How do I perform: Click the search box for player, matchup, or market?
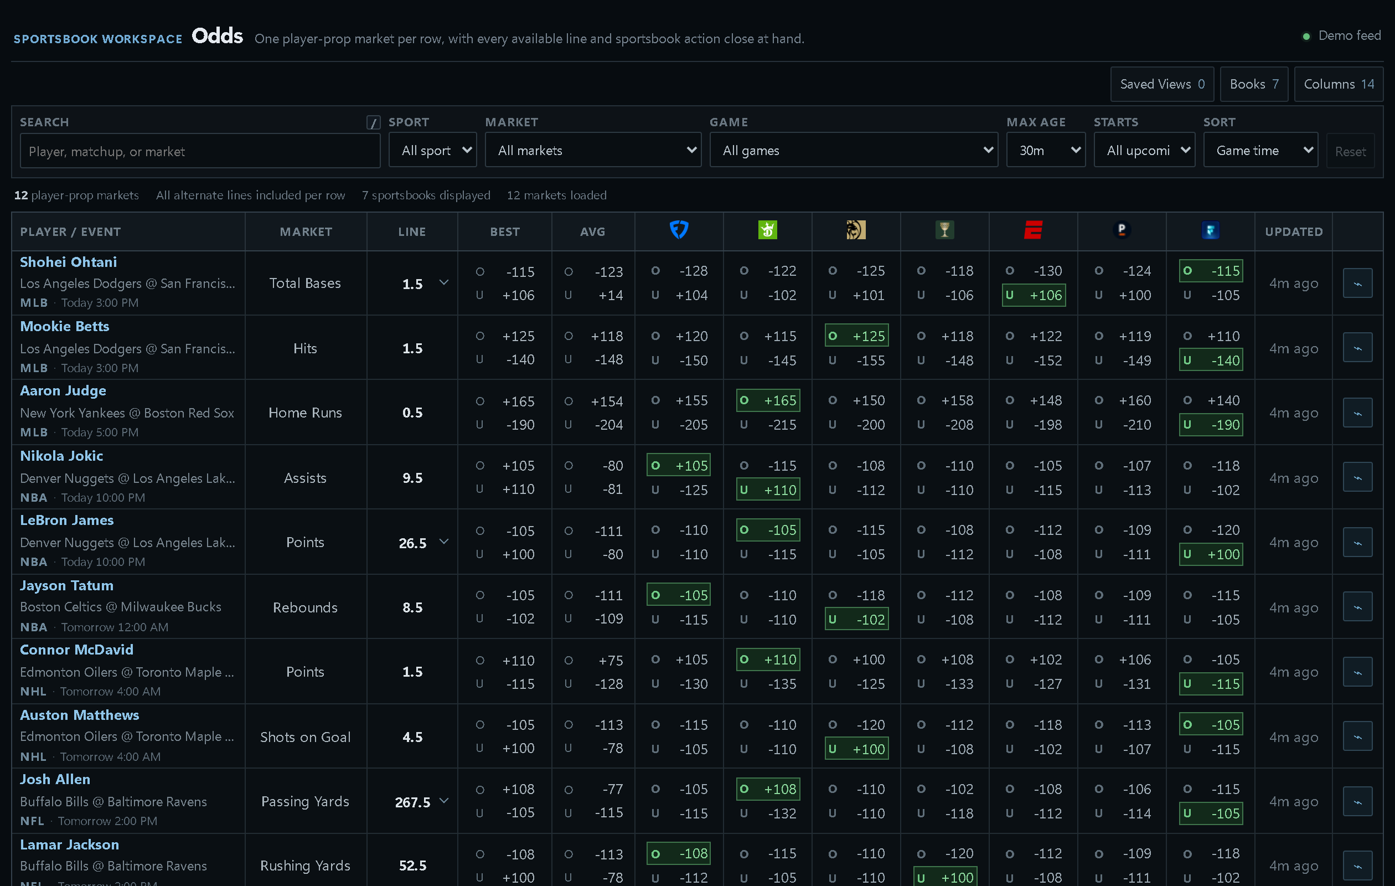200,151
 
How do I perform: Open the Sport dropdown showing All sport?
433,150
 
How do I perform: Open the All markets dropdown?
593,150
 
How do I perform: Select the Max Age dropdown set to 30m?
1046,150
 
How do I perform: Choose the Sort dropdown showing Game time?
1260,150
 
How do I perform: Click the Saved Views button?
1162,84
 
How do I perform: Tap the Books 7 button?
1254,84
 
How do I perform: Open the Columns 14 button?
1339,84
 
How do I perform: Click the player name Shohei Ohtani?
68,262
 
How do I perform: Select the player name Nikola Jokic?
61,456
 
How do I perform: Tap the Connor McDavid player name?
76,650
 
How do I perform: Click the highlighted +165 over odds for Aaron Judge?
768,400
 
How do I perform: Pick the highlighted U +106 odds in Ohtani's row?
1034,296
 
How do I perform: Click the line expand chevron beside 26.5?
444,542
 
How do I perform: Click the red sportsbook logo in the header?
1034,230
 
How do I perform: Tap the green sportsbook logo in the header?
768,230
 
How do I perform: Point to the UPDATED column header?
1294,232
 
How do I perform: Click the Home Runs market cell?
306,413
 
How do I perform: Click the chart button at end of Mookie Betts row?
1357,348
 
